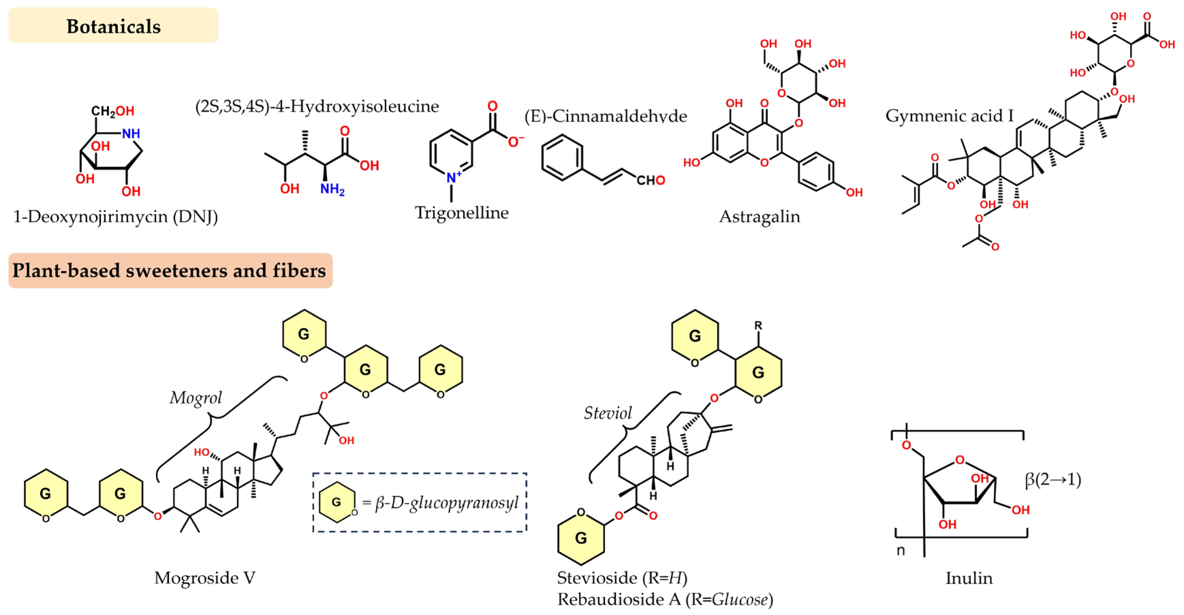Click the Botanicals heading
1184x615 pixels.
pos(113,26)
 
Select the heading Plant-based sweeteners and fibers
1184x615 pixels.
pos(169,270)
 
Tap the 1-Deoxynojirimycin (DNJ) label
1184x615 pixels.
pos(115,216)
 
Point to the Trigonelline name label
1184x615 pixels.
pos(461,213)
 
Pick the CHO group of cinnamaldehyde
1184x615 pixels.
pos(650,180)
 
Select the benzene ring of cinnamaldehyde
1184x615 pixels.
pos(562,157)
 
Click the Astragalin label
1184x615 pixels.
pos(759,216)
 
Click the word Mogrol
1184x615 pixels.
pos(195,398)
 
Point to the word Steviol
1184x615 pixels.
pos(607,413)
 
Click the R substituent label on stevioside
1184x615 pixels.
pos(758,326)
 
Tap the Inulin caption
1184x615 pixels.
pos(969,578)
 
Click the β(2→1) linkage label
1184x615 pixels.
pos(1053,480)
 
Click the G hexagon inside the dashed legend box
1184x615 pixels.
pos(337,502)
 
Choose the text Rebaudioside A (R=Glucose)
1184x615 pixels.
pos(665,599)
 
